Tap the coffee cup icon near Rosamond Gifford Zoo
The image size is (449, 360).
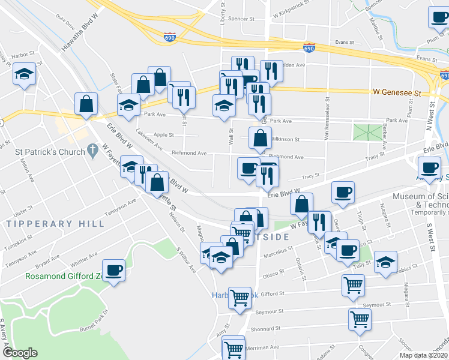(113, 270)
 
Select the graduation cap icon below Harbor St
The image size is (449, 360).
(25, 74)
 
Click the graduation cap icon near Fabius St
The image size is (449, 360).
(385, 262)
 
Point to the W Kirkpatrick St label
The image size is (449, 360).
(294, 13)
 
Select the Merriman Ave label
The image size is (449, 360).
(264, 347)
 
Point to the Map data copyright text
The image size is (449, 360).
(424, 355)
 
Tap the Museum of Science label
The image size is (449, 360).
(420, 196)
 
